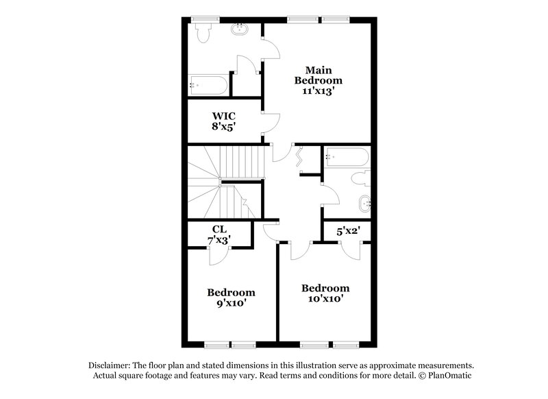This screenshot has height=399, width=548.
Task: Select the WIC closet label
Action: [x=224, y=114]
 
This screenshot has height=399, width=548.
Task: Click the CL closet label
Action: [x=219, y=229]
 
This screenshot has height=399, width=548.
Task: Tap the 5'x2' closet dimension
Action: [x=347, y=232]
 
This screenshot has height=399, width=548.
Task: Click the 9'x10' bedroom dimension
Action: [x=232, y=302]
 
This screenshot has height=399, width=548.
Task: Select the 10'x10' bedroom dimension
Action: [x=325, y=298]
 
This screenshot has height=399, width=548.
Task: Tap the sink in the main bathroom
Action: [x=240, y=29]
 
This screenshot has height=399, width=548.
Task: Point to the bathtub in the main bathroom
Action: [x=208, y=86]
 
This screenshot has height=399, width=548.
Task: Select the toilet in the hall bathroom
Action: [x=360, y=180]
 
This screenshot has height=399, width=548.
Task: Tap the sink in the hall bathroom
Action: [x=364, y=204]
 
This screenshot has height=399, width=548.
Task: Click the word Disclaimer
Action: [x=111, y=365]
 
